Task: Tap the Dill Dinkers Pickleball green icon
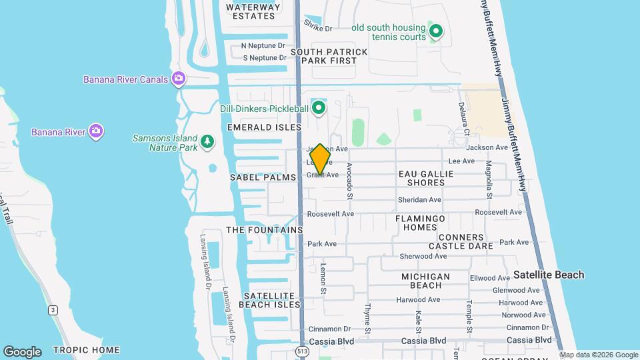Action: click(319, 107)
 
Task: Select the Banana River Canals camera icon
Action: click(178, 79)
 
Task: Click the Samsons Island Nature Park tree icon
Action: click(208, 141)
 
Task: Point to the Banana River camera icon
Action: click(96, 131)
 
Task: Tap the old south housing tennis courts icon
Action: click(436, 31)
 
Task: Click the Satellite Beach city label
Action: click(549, 275)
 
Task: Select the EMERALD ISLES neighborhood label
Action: click(265, 127)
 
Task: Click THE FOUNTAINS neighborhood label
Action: click(265, 230)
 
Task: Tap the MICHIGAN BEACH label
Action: click(425, 281)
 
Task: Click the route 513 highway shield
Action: click(303, 350)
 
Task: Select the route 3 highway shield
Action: click(52, 310)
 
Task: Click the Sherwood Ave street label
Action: click(423, 256)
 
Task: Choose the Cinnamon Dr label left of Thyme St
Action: click(329, 329)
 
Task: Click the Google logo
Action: click(21, 352)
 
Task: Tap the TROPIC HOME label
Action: click(86, 350)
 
